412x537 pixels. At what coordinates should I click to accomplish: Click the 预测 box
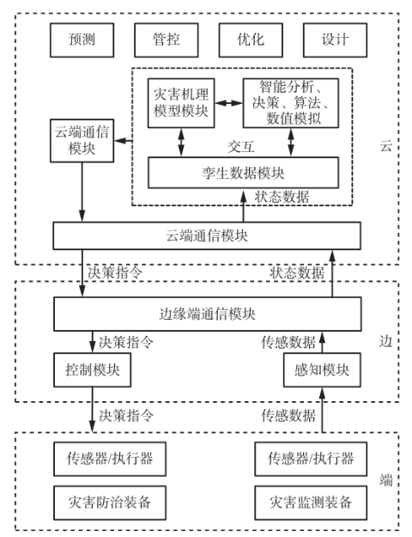coord(82,40)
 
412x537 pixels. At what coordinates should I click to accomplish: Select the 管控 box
coord(167,40)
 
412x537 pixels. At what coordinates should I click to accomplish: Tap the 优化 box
coord(251,40)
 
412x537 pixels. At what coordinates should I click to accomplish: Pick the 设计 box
coord(335,40)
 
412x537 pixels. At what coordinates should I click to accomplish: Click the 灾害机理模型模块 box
coord(181,103)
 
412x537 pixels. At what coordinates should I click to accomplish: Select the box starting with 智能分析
coord(291,103)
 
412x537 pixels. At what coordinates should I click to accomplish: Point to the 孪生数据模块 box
coord(243,173)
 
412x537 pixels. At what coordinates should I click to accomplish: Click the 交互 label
coord(241,147)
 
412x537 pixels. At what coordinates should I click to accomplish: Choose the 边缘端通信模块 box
coord(208,314)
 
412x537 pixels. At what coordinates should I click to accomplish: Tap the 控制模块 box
coord(93,369)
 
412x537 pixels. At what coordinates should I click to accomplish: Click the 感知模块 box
coord(322,369)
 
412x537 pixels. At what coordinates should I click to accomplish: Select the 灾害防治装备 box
coord(110,503)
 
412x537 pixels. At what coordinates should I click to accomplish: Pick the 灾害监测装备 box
coord(311,503)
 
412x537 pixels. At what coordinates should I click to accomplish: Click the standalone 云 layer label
coord(386,146)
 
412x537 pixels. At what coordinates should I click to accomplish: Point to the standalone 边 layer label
coord(386,341)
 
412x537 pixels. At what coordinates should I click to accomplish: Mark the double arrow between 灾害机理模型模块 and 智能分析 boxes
coord(229,103)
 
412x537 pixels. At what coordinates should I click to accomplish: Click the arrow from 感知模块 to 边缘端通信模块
coord(322,342)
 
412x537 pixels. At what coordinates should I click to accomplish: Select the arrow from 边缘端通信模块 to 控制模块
coord(93,342)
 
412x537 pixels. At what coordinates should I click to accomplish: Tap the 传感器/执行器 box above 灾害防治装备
coord(110,459)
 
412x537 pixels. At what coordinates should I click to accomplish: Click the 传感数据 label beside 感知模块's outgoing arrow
coord(288,342)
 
